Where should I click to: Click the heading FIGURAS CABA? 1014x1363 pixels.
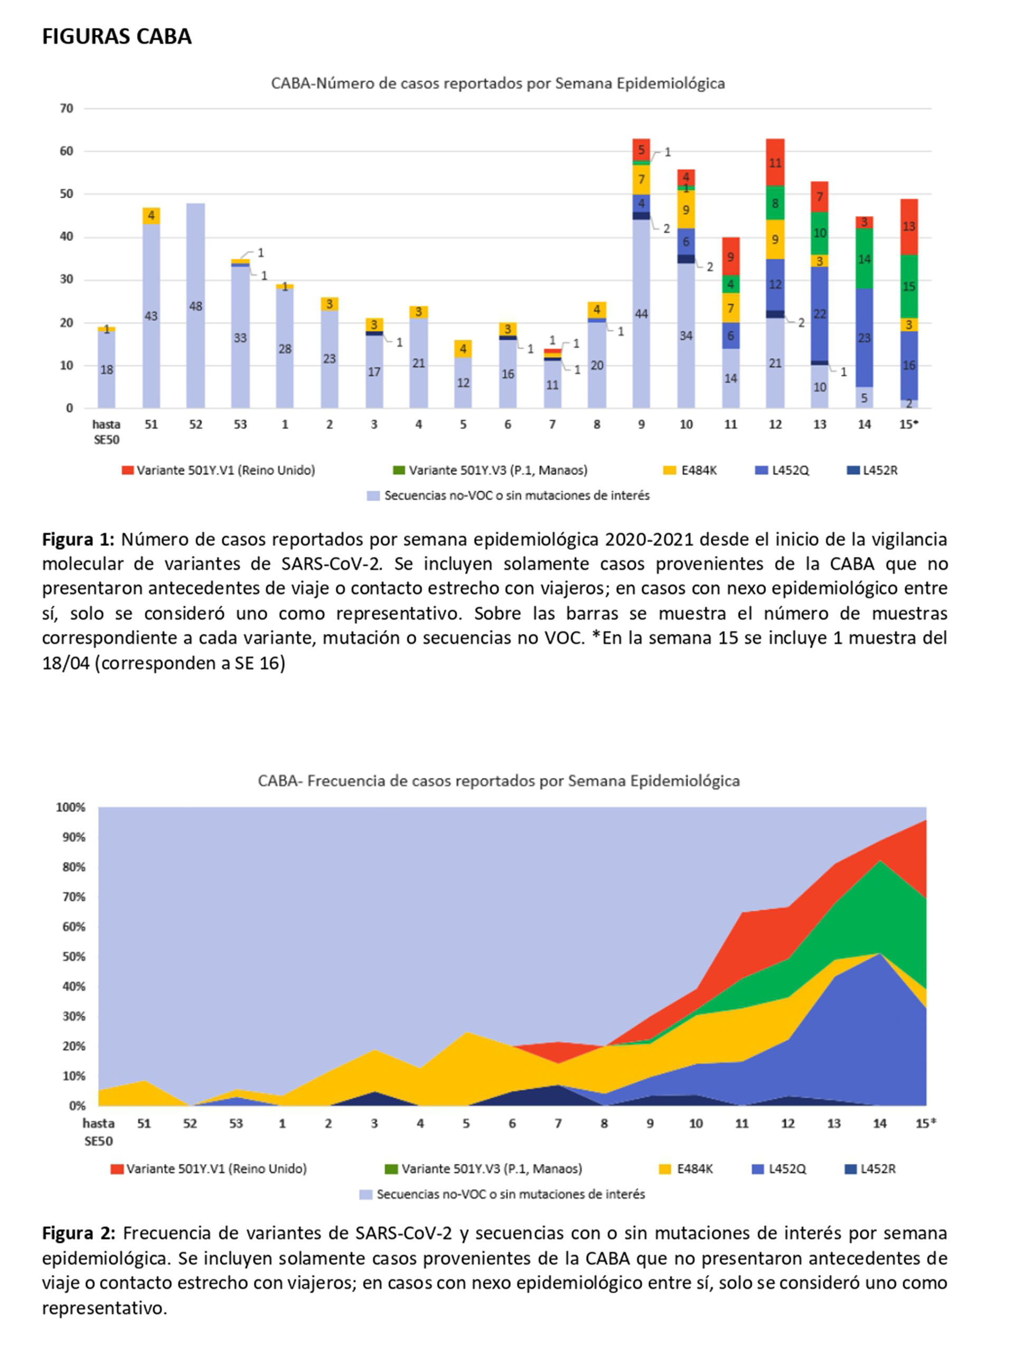click(x=117, y=37)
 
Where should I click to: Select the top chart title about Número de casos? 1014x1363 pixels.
click(x=498, y=83)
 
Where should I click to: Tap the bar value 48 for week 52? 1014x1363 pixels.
click(x=195, y=306)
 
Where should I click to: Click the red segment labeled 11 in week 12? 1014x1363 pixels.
click(x=775, y=162)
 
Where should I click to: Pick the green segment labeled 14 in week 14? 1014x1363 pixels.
click(x=864, y=258)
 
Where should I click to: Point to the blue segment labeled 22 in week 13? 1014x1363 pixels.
click(x=820, y=313)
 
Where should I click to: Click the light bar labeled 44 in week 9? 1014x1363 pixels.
click(x=642, y=314)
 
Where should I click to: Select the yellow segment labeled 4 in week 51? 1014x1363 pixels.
click(x=151, y=216)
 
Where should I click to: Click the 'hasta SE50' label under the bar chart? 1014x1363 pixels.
click(x=106, y=432)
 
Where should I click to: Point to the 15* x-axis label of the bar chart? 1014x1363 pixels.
click(x=908, y=424)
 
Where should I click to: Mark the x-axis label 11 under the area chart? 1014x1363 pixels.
click(x=741, y=1124)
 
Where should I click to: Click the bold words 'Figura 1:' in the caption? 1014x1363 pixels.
click(x=79, y=540)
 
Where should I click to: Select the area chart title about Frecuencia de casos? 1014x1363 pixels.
click(x=499, y=781)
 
